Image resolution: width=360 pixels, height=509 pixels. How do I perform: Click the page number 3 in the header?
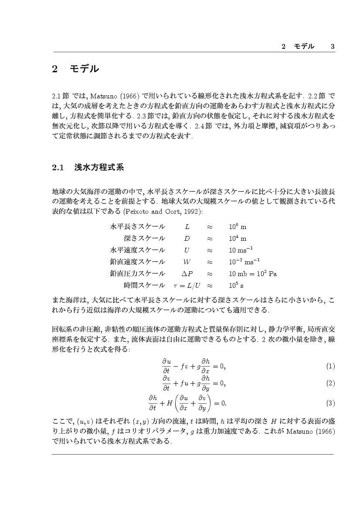[332, 47]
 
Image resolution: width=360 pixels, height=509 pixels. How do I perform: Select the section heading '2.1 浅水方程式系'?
[88, 167]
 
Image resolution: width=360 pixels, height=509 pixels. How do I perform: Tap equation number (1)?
[330, 366]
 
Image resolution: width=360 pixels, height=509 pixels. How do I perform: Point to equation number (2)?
[330, 384]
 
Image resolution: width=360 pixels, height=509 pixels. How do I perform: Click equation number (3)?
[330, 403]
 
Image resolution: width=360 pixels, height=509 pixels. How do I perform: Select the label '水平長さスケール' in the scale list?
[138, 226]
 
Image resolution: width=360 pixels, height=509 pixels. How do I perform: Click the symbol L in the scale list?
[187, 227]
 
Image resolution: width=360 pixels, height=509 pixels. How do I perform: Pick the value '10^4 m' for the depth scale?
[237, 238]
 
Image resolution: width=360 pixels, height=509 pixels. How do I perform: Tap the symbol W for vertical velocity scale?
[187, 262]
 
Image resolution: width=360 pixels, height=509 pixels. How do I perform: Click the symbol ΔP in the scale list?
[187, 273]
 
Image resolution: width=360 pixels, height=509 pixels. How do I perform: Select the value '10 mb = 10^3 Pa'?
[253, 273]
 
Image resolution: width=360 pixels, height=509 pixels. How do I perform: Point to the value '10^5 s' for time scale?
[236, 286]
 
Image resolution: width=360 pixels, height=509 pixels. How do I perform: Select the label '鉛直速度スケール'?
[138, 262]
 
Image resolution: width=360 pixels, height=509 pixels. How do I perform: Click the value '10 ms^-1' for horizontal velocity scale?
[241, 250]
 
